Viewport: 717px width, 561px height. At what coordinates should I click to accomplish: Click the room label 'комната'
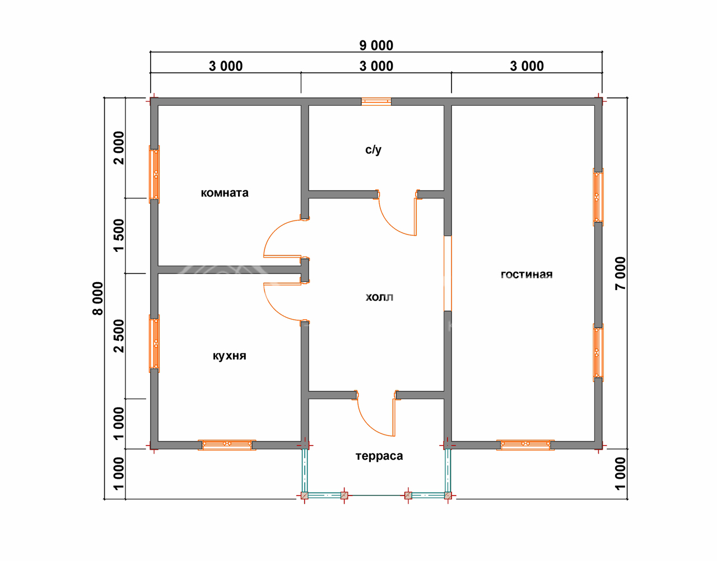point(225,193)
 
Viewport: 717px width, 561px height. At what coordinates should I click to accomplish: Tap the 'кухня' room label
point(229,356)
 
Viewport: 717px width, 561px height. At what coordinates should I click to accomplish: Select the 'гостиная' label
point(527,274)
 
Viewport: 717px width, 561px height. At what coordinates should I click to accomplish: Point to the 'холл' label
point(379,297)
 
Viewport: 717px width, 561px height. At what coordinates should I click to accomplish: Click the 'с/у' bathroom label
point(373,150)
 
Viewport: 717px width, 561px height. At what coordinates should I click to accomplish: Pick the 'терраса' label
point(379,456)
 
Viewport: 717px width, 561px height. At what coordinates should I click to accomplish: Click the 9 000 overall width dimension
point(376,45)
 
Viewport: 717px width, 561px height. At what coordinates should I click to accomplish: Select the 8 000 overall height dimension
point(98,298)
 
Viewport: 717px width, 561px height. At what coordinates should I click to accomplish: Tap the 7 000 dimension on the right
point(620,273)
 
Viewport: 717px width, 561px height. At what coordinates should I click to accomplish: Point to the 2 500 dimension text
point(119,336)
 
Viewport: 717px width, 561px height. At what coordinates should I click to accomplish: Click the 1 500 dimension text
point(119,236)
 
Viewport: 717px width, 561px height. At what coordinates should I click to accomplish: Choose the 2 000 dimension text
point(119,148)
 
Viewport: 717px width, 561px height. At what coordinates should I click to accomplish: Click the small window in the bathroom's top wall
point(376,101)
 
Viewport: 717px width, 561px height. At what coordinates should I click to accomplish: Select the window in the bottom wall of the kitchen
point(227,445)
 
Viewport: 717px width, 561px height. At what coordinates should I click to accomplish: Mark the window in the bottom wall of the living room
point(525,445)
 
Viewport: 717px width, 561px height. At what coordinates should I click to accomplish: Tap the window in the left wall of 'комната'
point(155,174)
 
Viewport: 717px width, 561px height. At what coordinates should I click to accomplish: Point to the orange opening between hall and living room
point(448,273)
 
